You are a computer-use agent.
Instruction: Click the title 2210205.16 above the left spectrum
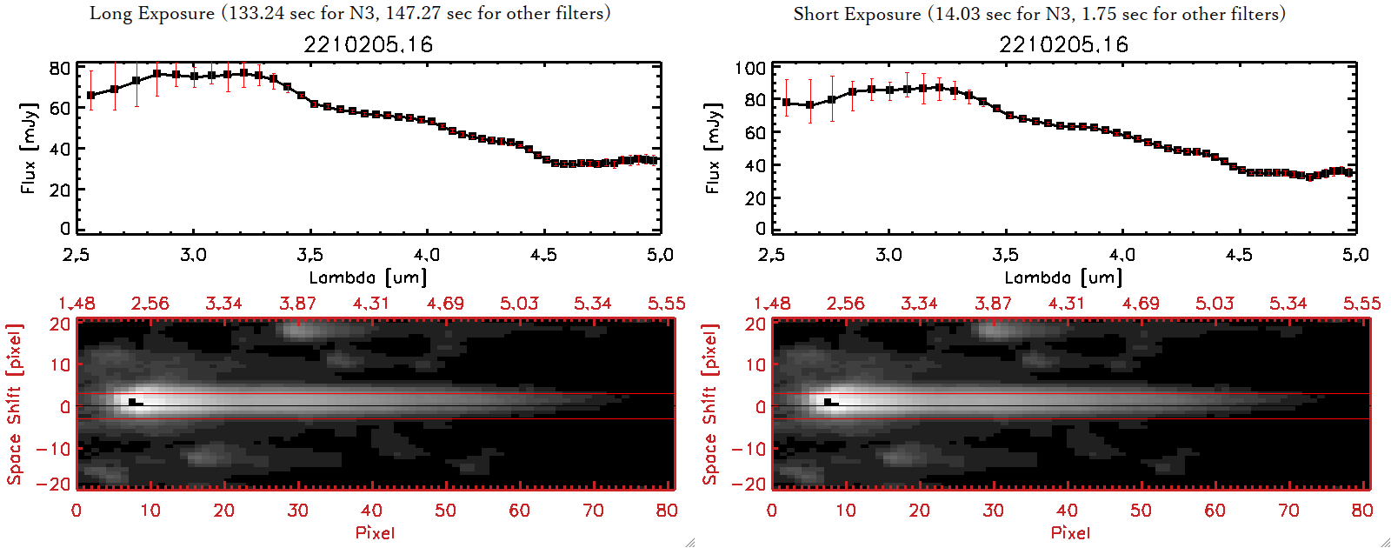[368, 44]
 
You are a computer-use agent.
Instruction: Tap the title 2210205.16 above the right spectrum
[1063, 44]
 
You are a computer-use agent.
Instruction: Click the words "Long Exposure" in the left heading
[152, 13]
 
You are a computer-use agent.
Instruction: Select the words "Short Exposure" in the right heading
[856, 14]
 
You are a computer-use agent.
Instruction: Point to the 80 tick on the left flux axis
[60, 68]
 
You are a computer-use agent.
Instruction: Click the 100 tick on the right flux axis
[750, 68]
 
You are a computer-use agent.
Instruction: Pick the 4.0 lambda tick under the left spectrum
[427, 255]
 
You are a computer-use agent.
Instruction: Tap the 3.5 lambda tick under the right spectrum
[1005, 255]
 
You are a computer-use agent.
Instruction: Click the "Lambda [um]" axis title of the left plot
[368, 277]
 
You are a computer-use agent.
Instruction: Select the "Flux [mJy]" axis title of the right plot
[714, 148]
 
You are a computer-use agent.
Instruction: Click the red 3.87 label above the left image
[297, 304]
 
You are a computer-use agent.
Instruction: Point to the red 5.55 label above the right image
[1361, 304]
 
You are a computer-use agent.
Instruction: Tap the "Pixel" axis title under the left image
[375, 532]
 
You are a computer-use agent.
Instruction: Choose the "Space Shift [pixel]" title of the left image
[15, 404]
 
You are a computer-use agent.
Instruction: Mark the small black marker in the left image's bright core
[132, 402]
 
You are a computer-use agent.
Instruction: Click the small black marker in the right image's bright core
[828, 402]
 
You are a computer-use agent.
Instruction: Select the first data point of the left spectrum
[91, 95]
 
